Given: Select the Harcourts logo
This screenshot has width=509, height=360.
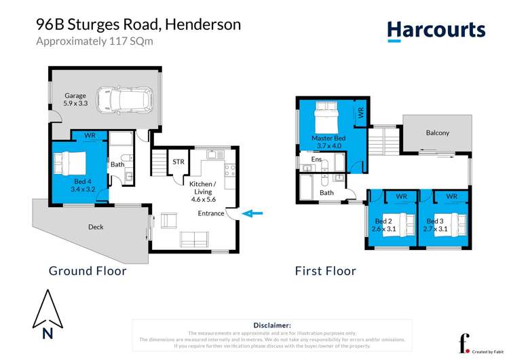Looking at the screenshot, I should [x=436, y=31].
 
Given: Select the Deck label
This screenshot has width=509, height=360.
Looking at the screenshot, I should [x=96, y=227].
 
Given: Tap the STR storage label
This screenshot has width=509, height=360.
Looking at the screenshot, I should [x=178, y=162].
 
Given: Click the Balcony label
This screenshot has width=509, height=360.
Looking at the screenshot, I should [x=437, y=132].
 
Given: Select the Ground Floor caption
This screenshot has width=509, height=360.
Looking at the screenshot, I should [x=88, y=271].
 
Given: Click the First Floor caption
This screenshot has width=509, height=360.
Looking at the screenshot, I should [x=325, y=271].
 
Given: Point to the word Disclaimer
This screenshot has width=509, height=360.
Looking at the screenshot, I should [x=271, y=325].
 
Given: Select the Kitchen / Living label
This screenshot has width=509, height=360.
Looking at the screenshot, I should [x=202, y=188].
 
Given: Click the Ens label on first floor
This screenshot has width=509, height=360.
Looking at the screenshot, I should [x=316, y=159].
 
